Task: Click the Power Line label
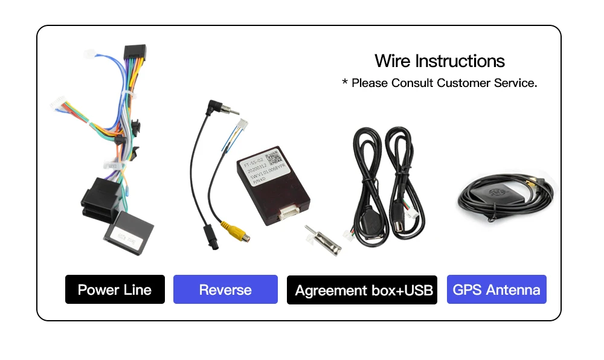(x=115, y=290)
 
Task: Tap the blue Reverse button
(x=225, y=290)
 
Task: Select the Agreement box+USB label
(x=362, y=291)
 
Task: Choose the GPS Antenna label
(x=496, y=290)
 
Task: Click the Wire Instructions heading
(x=439, y=61)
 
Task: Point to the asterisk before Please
(x=345, y=82)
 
